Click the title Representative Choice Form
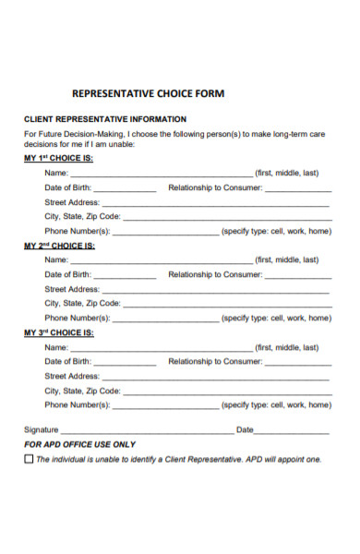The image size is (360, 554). tap(148, 93)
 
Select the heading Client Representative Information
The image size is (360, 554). tap(104, 119)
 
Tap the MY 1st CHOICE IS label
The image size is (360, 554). tap(58, 158)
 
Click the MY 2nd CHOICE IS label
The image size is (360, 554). tap(59, 246)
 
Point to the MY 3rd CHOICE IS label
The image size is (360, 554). tap(58, 333)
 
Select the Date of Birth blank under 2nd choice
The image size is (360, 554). tap(125, 276)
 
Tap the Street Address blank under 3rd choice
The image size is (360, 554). tap(215, 379)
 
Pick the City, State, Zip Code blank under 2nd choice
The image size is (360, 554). tap(226, 305)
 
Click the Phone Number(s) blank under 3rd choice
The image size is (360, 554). tap(166, 406)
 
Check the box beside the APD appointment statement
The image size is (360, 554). tap(28, 459)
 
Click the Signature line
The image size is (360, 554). tap(148, 431)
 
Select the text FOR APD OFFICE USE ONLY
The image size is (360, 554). tap(79, 444)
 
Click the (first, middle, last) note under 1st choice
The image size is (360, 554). tap(287, 173)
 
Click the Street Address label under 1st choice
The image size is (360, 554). tap(72, 202)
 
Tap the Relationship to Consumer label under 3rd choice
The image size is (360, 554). tap(215, 362)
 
